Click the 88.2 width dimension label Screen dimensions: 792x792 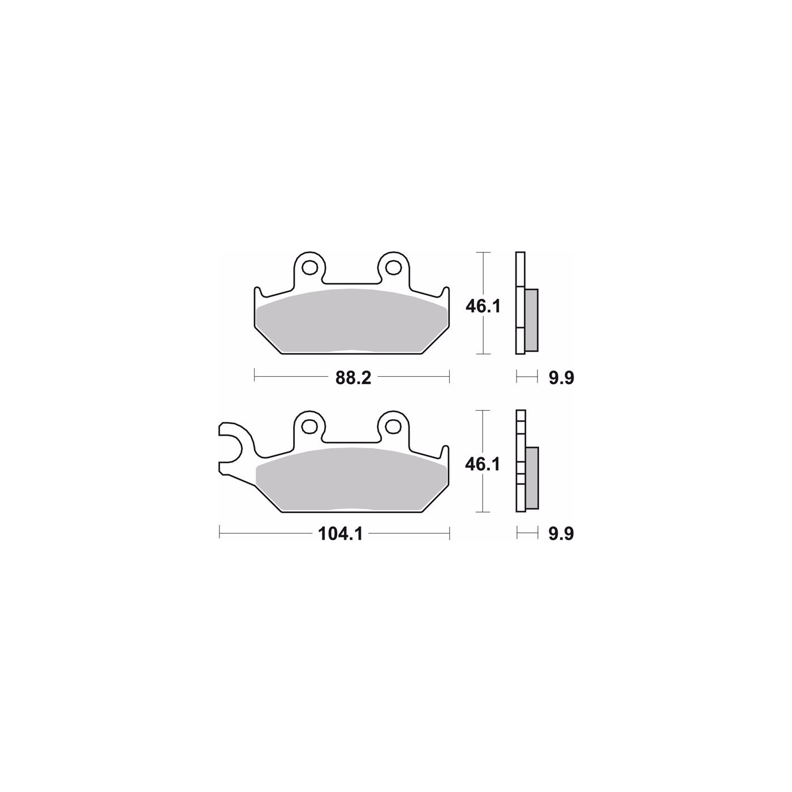pyautogui.click(x=353, y=378)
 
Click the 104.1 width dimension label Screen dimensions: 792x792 pyautogui.click(x=340, y=534)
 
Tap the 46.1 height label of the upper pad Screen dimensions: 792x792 pyautogui.click(x=483, y=306)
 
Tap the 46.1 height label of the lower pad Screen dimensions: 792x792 pyautogui.click(x=483, y=464)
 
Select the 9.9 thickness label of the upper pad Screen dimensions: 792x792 pyautogui.click(x=561, y=378)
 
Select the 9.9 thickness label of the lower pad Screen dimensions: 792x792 pyautogui.click(x=561, y=534)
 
